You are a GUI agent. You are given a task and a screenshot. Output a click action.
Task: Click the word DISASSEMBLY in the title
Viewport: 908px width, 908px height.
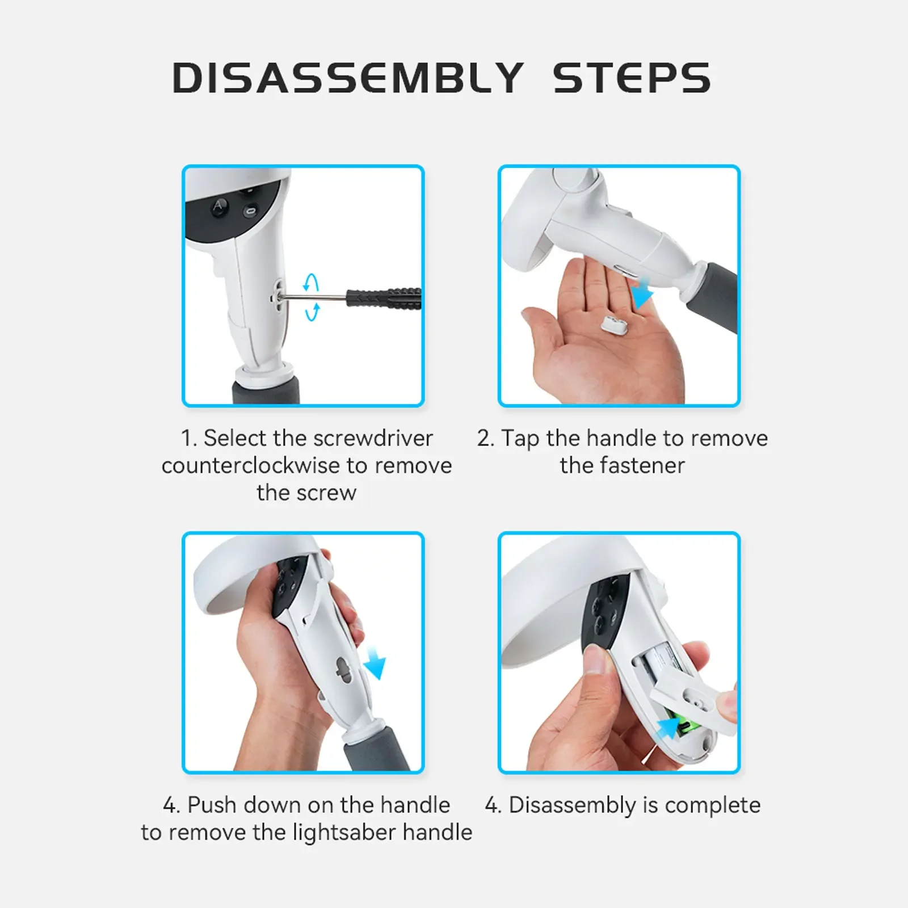coord(348,78)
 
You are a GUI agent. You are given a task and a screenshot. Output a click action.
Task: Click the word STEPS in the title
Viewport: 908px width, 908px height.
coord(632,78)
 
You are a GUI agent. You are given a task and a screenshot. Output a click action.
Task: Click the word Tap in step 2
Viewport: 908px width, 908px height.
coord(520,439)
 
